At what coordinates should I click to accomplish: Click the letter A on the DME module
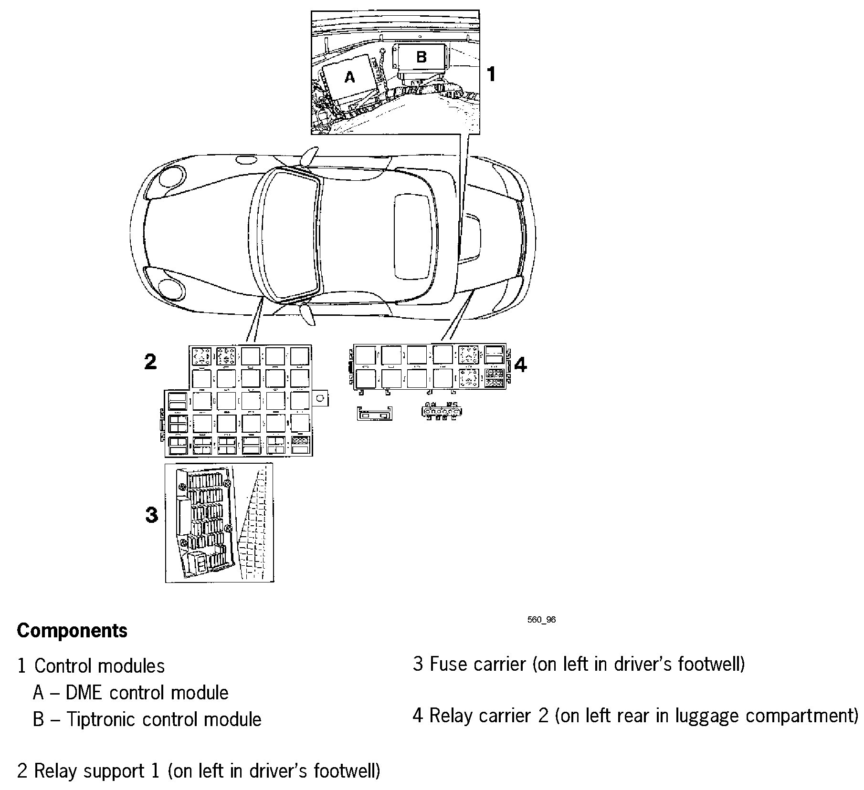coord(349,77)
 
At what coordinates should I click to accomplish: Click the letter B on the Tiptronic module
coord(421,57)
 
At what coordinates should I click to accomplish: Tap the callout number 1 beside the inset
coord(491,74)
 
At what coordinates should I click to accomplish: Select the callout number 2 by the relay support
coord(150,362)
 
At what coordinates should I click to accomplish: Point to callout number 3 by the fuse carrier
coord(151,515)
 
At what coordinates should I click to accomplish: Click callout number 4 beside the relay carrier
coord(520,364)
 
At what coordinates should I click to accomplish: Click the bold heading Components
coord(72,631)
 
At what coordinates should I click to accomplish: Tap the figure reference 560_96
coord(541,620)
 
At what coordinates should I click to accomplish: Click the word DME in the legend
coord(84,693)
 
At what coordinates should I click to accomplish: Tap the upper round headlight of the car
coord(170,177)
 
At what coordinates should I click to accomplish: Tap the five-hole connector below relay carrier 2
coord(442,411)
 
